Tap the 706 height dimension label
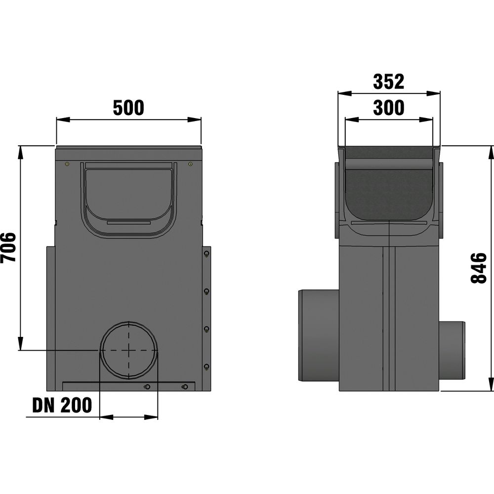click(x=8, y=247)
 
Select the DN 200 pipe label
click(x=62, y=405)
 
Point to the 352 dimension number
click(x=388, y=82)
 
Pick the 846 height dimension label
click(x=479, y=268)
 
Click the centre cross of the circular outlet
click(x=128, y=350)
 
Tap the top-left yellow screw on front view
click(x=67, y=164)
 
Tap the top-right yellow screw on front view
click(x=190, y=164)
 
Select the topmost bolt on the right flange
click(x=206, y=254)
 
